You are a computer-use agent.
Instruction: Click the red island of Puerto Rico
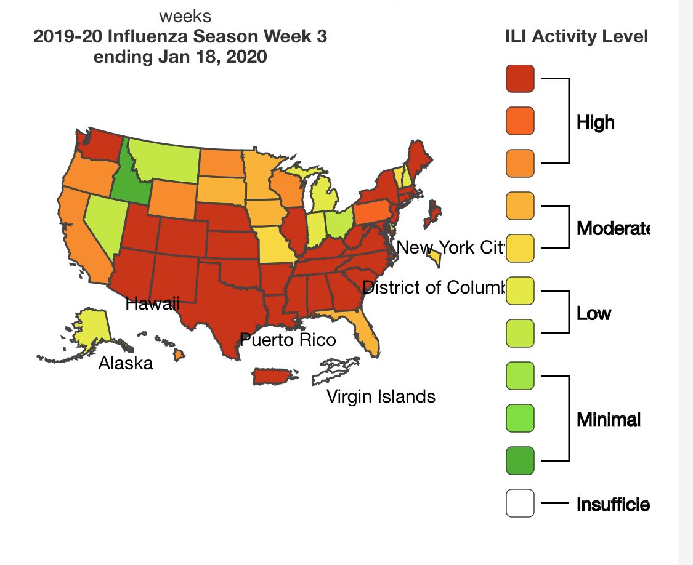point(274,375)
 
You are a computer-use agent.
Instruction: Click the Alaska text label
point(126,363)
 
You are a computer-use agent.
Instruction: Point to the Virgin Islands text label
point(381,396)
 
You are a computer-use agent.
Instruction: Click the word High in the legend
point(596,122)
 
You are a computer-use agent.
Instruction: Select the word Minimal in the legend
point(609,419)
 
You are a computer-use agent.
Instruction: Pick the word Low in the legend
point(594,313)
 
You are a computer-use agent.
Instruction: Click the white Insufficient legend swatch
point(520,503)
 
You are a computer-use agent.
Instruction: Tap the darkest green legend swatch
point(520,460)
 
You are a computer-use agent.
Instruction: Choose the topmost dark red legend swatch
point(520,79)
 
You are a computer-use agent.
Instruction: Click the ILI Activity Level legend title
point(576,37)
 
